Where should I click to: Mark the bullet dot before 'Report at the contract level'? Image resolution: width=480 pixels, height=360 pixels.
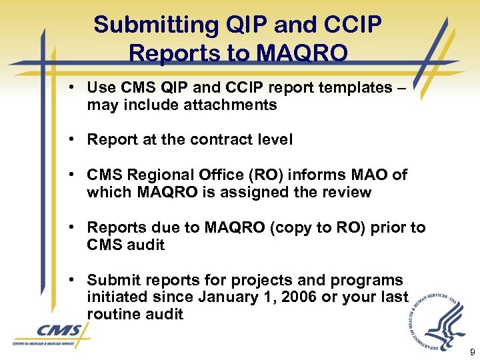[x=77, y=140]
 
